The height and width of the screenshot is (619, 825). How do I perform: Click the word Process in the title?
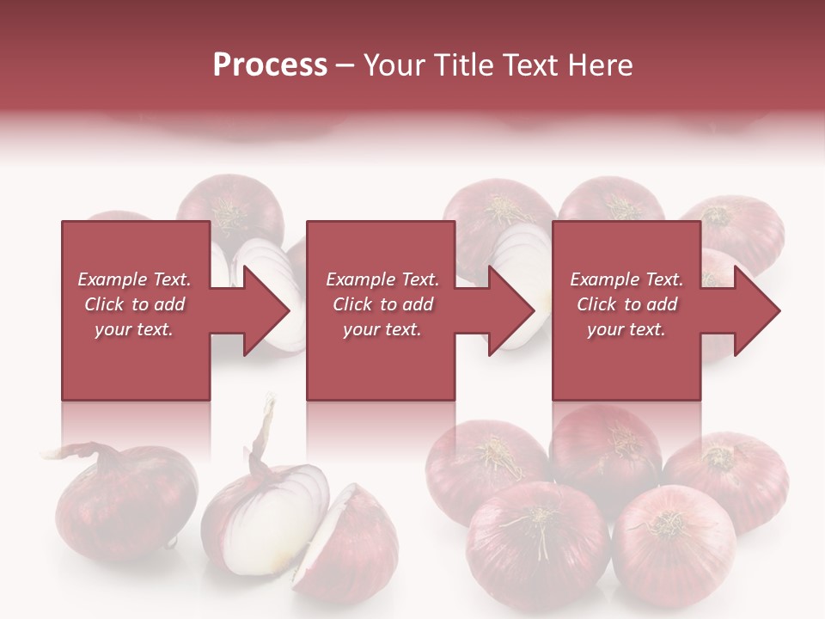pyautogui.click(x=270, y=65)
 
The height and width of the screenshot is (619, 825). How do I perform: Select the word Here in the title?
pyautogui.click(x=598, y=65)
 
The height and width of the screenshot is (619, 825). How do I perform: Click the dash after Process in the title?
pyautogui.click(x=345, y=66)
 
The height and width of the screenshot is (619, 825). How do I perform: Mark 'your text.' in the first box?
pyautogui.click(x=134, y=329)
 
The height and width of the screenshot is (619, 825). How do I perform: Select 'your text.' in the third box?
pyautogui.click(x=626, y=329)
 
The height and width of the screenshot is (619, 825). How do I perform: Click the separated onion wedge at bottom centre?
pyautogui.click(x=348, y=537)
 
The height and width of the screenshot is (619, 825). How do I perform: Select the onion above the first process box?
pyautogui.click(x=230, y=206)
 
